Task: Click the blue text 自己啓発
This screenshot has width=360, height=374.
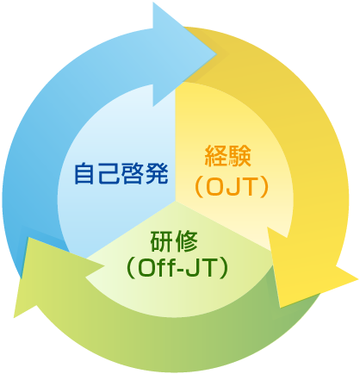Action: click(121, 173)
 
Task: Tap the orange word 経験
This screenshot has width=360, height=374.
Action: click(228, 156)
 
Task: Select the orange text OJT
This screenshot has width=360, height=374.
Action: click(232, 187)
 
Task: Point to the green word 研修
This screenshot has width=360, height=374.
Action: click(174, 241)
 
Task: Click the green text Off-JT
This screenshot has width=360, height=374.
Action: click(177, 269)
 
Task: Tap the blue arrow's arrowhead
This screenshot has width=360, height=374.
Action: click(184, 54)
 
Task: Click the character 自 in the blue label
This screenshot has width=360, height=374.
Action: click(85, 173)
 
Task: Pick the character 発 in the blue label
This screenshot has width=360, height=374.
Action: click(157, 173)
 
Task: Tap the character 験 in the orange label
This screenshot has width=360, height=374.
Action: click(240, 156)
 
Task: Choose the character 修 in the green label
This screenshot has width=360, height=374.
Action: click(186, 241)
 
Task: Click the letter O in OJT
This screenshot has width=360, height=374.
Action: click(215, 187)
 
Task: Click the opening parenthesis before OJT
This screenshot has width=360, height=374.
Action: click(199, 187)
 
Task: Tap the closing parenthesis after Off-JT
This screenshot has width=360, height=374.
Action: click(223, 269)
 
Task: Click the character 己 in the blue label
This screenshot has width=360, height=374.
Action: click(109, 173)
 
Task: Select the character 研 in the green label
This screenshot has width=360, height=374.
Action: click(162, 241)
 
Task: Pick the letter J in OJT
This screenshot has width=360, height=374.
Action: click(233, 187)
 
